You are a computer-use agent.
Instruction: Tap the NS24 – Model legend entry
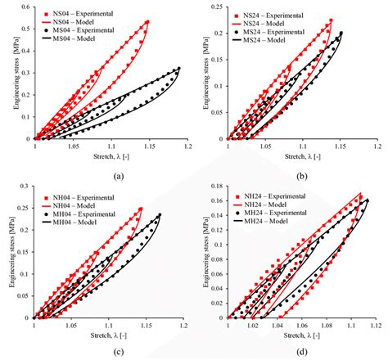(263, 23)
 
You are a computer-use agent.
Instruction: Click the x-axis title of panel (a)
(111, 155)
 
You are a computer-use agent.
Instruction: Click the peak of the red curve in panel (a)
(148, 21)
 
